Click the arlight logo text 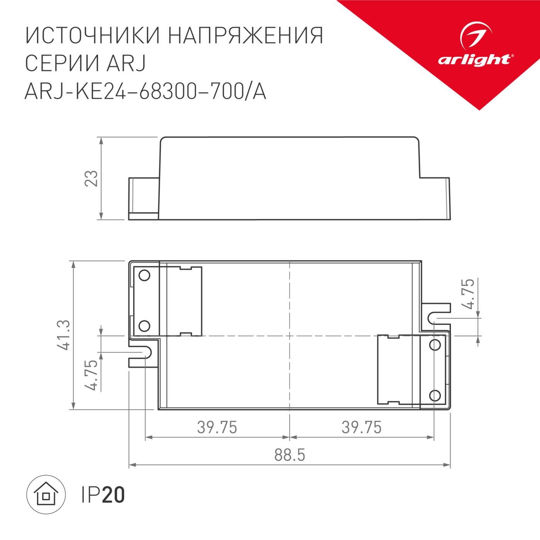(474, 60)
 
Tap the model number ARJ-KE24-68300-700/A (145, 92)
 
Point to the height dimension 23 (92, 178)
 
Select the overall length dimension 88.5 (290, 455)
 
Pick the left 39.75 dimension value (217, 427)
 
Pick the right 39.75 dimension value (361, 427)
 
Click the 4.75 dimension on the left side (92, 375)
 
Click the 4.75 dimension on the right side (469, 294)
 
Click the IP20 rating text (103, 495)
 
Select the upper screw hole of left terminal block (144, 275)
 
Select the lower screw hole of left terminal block (144, 326)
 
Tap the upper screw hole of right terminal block (435, 344)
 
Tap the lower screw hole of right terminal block (435, 395)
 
